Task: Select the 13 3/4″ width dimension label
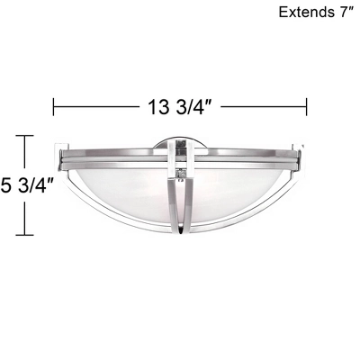pos(180,106)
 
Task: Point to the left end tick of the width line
pos(54,106)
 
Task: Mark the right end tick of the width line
pos(308,106)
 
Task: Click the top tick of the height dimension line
pos(24,137)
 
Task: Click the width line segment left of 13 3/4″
pos(94,106)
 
